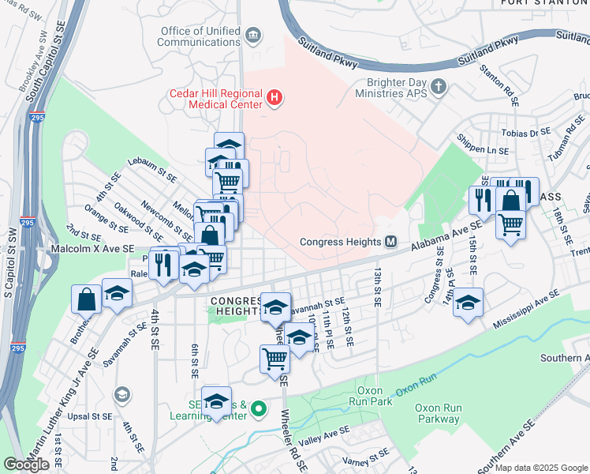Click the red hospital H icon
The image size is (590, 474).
point(274,99)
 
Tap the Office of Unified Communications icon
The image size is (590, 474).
point(253,34)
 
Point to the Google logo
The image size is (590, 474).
point(27,465)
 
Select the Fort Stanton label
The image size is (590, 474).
point(544,3)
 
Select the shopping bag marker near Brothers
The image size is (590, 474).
point(86,299)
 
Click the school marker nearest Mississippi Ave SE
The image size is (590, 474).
point(468,303)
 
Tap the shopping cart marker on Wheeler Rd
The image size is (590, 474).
point(274,358)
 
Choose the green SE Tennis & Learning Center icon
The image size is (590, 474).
point(258,410)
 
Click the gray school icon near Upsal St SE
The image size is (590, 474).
point(121,393)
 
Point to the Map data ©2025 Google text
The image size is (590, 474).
point(541,468)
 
